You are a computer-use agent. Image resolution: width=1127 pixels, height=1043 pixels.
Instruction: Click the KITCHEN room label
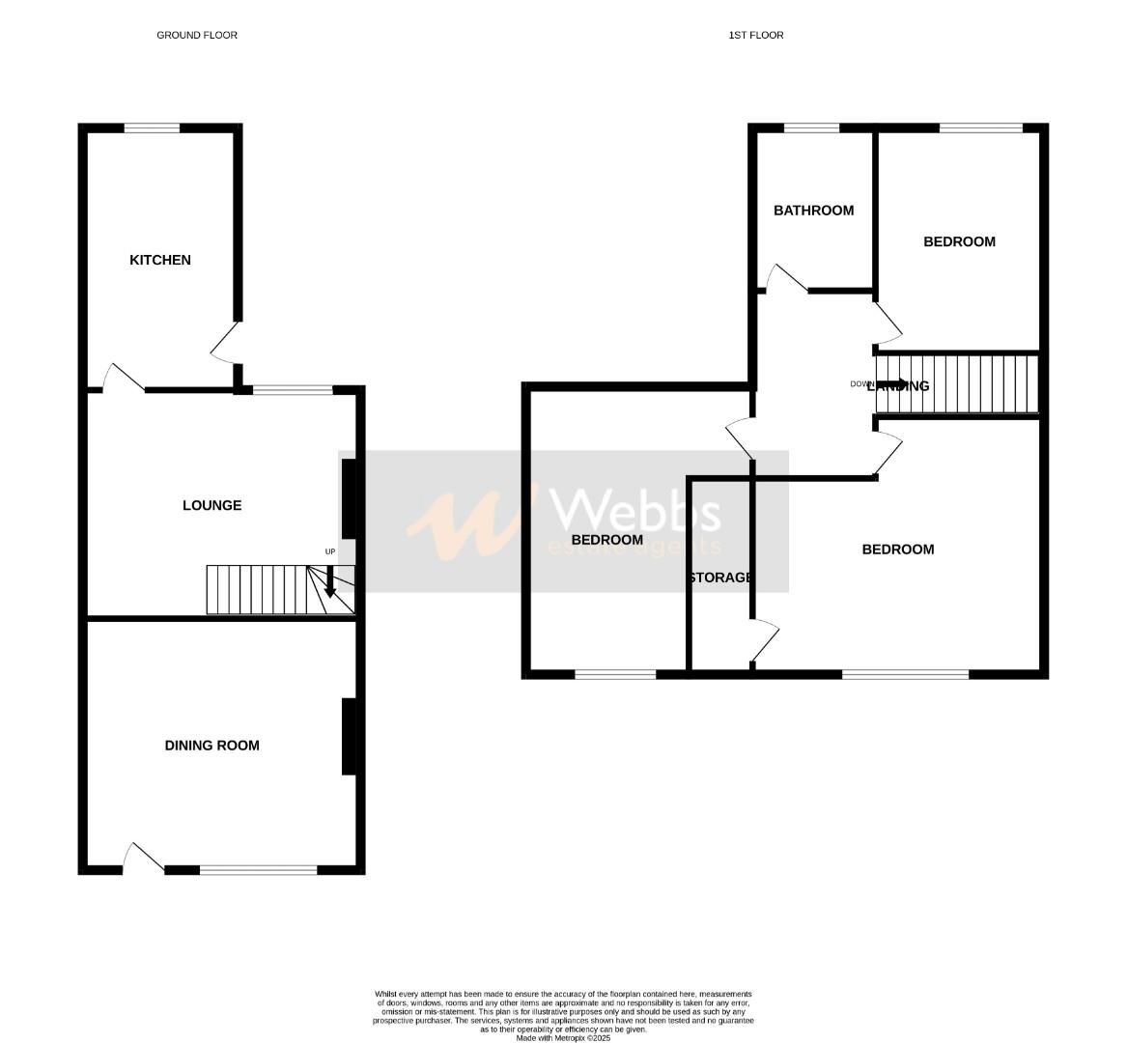pos(160,260)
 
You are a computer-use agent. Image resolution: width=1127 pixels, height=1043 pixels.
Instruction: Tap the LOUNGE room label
pos(211,505)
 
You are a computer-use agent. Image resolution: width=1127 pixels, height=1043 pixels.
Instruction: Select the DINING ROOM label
pos(211,746)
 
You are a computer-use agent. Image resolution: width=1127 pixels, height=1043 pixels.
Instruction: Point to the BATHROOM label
pos(813,211)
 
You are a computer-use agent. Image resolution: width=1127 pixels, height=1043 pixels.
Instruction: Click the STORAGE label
pos(720,578)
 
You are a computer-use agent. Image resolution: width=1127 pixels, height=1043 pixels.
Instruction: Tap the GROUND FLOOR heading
pos(197,35)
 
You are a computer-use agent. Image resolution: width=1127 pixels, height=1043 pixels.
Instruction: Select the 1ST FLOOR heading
pos(756,35)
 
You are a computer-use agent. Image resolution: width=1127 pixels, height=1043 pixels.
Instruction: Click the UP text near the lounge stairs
pos(330,551)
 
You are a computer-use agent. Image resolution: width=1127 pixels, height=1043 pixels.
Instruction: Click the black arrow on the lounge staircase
pos(330,581)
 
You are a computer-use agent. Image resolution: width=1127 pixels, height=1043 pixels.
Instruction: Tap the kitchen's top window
pos(152,127)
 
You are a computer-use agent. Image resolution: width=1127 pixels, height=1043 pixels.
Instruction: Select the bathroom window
pos(811,127)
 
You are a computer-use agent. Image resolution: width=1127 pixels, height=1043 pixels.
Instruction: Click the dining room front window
pos(258,870)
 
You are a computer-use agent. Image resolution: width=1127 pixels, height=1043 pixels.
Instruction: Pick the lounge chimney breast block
pos(349,497)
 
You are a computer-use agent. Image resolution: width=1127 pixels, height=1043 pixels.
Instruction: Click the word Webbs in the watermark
pos(634,511)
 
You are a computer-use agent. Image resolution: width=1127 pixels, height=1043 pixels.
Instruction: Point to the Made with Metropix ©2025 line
pos(563,1038)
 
